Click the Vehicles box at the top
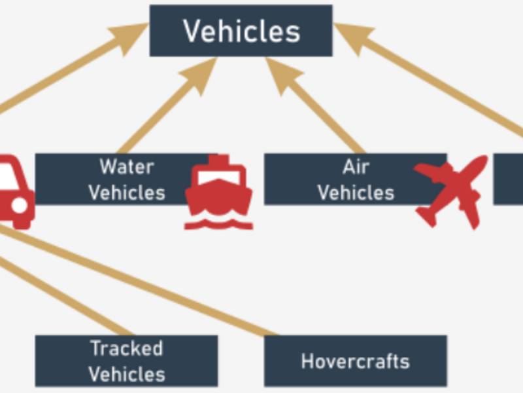tap(241, 31)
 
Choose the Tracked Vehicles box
tap(126, 361)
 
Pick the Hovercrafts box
tap(356, 361)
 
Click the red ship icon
tap(219, 192)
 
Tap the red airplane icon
tap(451, 192)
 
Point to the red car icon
tap(15, 191)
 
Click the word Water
tap(127, 167)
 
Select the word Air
tap(356, 167)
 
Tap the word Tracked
tap(127, 348)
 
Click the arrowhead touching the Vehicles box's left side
tap(131, 37)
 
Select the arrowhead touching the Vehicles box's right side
tap(352, 37)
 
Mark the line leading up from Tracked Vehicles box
tap(67, 297)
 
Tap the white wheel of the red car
tap(20, 205)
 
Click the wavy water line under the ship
tap(219, 225)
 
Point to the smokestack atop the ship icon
tap(219, 159)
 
